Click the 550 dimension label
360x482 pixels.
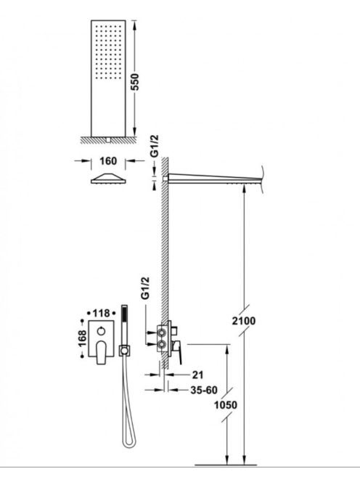[x=135, y=82]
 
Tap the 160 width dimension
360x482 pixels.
[x=108, y=160]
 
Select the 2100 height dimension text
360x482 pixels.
[x=243, y=321]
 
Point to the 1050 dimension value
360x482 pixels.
[x=226, y=405]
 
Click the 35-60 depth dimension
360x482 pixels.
[x=204, y=390]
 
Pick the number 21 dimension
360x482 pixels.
[x=197, y=375]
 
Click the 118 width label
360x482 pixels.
[x=101, y=314]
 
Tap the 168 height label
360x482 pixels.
[x=82, y=338]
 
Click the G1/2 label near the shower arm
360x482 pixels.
[x=155, y=146]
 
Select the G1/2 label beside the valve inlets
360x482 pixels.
[x=145, y=288]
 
